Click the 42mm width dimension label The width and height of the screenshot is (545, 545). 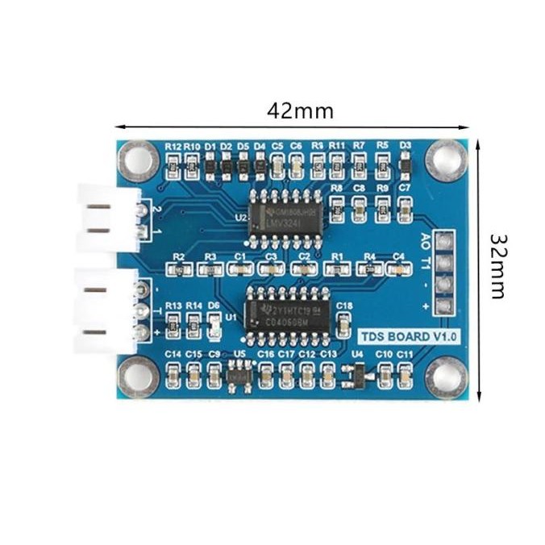click(300, 111)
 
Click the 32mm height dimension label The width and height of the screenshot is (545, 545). click(497, 266)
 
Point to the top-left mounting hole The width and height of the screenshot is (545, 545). click(138, 160)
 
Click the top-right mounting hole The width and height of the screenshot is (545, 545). click(445, 159)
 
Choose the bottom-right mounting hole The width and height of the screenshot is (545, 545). click(445, 377)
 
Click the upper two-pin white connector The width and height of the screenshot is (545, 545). click(109, 218)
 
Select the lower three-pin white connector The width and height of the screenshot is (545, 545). click(105, 310)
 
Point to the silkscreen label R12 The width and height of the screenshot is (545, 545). click(173, 147)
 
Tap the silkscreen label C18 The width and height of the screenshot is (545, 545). click(344, 306)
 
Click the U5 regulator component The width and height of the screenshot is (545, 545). click(239, 375)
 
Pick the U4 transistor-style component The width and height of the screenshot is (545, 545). click(352, 373)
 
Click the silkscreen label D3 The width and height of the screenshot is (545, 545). click(405, 146)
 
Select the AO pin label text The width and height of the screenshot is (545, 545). click(426, 240)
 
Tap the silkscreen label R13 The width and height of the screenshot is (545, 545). click(173, 306)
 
